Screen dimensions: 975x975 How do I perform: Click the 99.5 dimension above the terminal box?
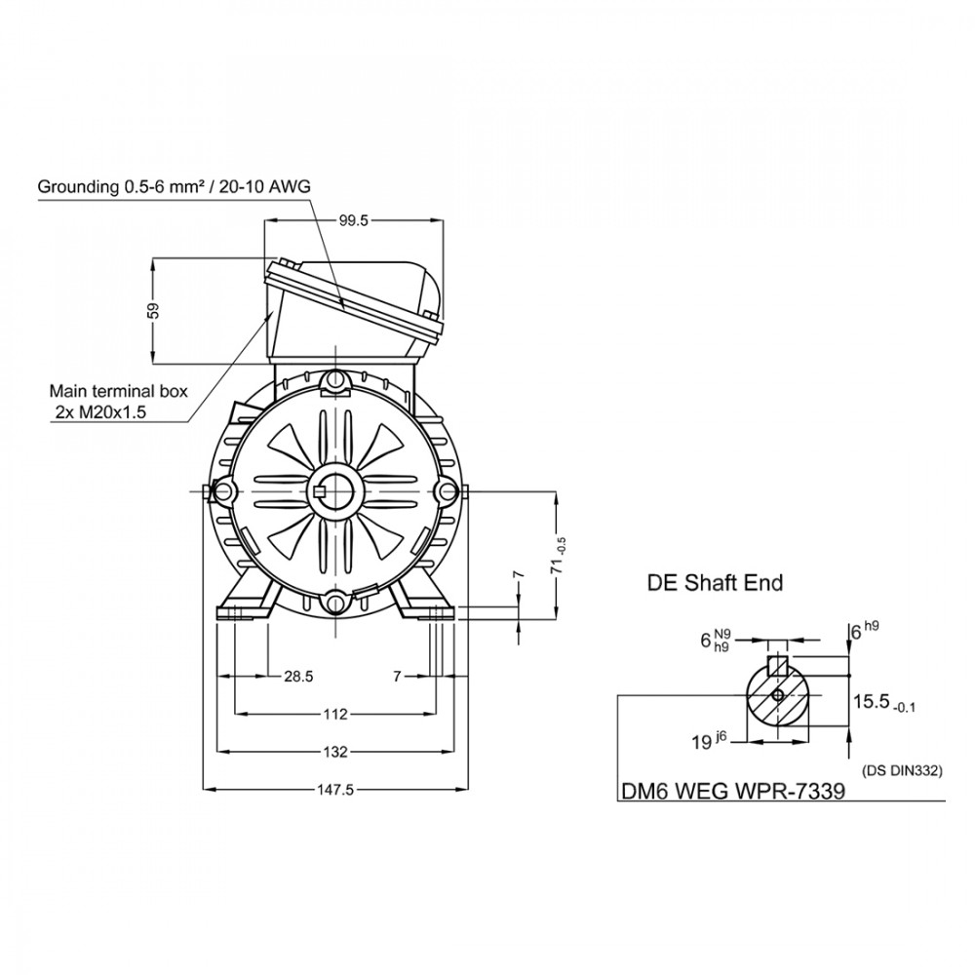pyautogui.click(x=354, y=220)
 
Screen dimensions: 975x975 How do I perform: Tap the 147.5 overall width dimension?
pyautogui.click(x=335, y=790)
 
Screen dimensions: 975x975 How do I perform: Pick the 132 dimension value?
pyautogui.click(x=335, y=752)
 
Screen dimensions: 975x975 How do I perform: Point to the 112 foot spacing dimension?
pyautogui.click(x=335, y=715)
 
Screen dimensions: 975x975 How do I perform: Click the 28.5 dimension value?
pyautogui.click(x=298, y=677)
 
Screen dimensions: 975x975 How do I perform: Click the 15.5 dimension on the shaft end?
pyautogui.click(x=884, y=703)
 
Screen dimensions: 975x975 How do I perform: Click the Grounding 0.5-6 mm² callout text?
pyautogui.click(x=175, y=186)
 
